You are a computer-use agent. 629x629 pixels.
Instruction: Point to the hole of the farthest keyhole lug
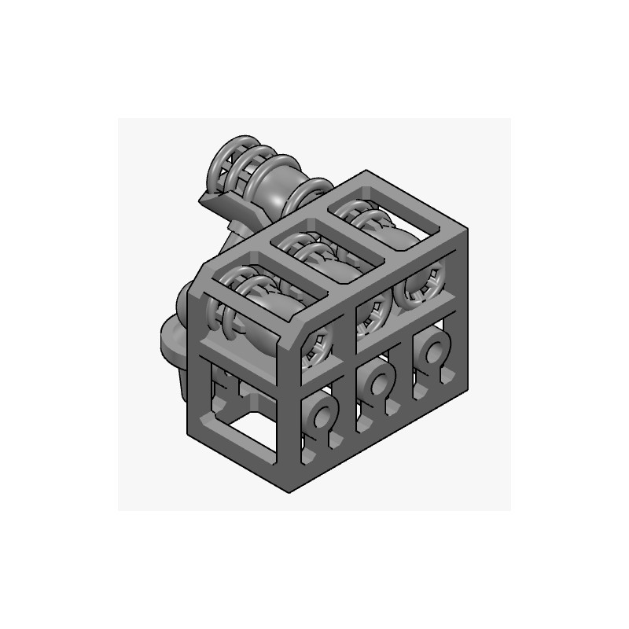[x=432, y=351]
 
